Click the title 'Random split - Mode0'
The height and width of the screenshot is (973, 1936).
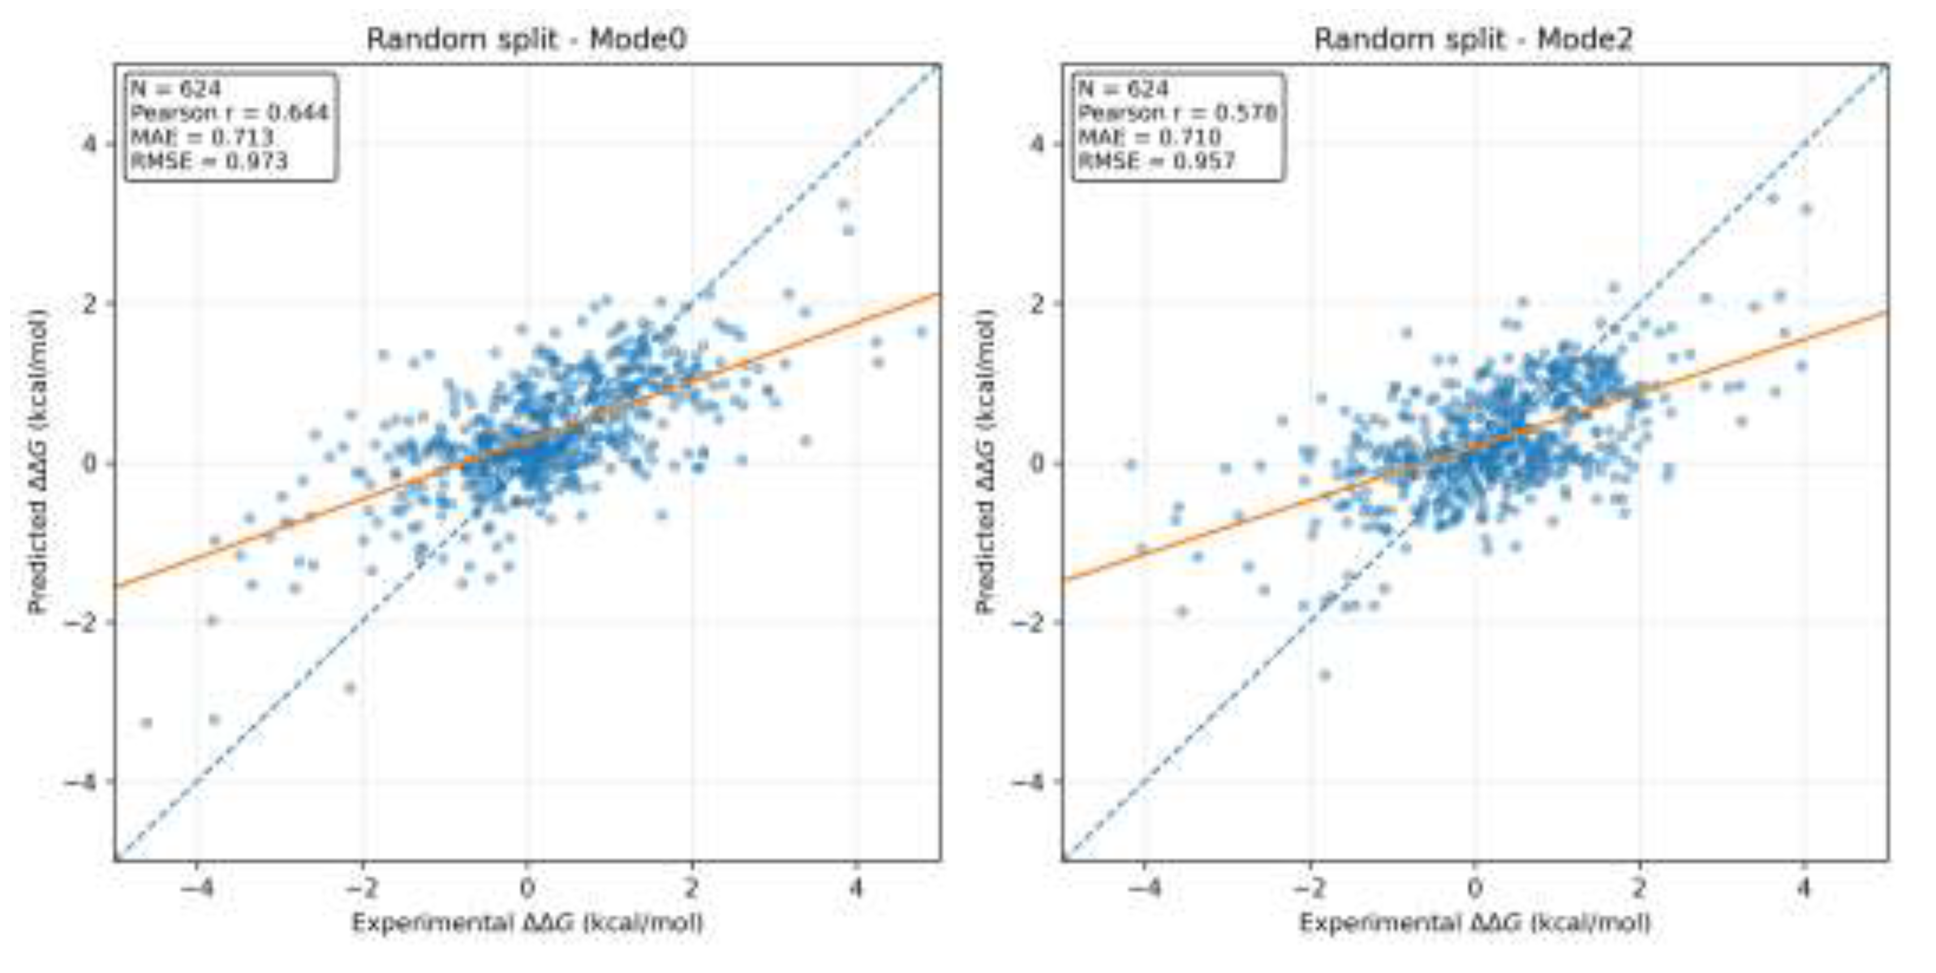click(526, 39)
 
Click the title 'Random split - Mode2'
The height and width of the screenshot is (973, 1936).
click(1473, 39)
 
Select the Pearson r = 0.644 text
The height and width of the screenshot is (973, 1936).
click(229, 113)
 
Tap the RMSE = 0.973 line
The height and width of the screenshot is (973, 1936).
click(209, 161)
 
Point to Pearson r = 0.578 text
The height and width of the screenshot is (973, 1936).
click(1177, 113)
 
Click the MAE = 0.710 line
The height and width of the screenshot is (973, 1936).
click(1149, 137)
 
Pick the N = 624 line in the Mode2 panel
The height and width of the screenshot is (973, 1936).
click(1124, 89)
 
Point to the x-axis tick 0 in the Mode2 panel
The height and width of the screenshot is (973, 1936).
click(1474, 890)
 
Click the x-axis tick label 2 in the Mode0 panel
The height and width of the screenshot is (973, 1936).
click(691, 890)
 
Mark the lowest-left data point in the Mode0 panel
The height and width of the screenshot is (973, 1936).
click(147, 723)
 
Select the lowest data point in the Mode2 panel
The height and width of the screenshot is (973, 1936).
click(1325, 675)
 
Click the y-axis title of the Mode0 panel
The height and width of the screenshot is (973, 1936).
click(37, 462)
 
